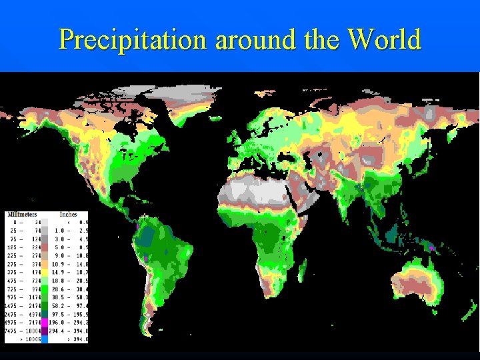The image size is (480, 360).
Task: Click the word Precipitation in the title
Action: [133, 40]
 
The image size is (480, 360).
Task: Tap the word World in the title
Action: [385, 40]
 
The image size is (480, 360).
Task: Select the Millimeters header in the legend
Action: [23, 215]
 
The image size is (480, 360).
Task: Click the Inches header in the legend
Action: [68, 215]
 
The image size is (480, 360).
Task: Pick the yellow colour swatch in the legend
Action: [45, 271]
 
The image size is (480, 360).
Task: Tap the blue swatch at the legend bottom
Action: [45, 339]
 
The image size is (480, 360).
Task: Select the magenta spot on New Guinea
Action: [432, 247]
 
